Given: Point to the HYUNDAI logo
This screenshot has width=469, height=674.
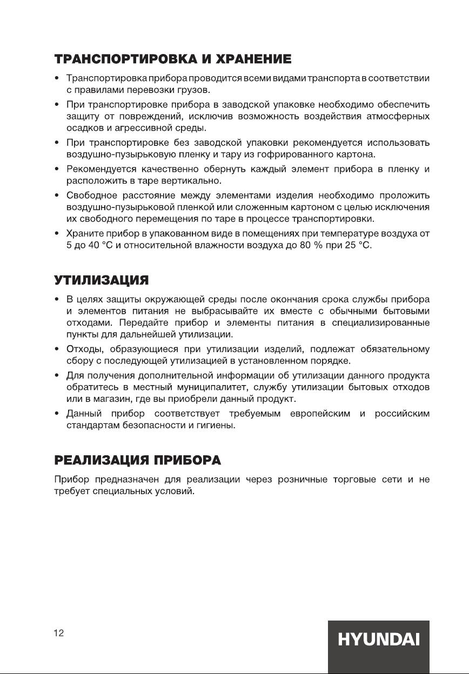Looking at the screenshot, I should [x=379, y=641].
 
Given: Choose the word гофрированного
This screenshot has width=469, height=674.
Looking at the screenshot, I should [x=294, y=155].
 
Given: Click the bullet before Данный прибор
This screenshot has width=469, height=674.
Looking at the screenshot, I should [x=57, y=414].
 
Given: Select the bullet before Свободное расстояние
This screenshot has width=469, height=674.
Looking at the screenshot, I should [x=57, y=194].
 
